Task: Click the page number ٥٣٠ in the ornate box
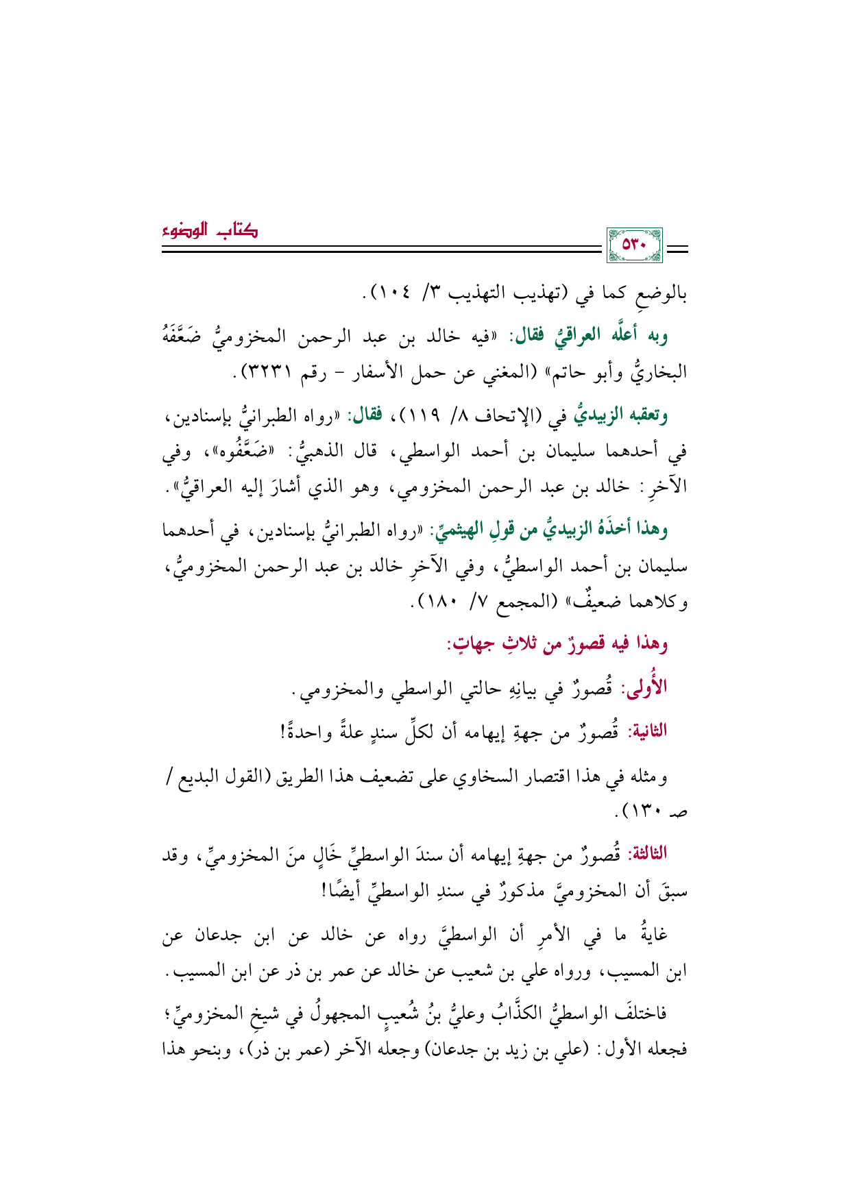coord(634,245)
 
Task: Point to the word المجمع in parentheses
coord(513,603)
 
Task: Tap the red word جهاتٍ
coord(472,644)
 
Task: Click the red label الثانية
coord(646,731)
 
